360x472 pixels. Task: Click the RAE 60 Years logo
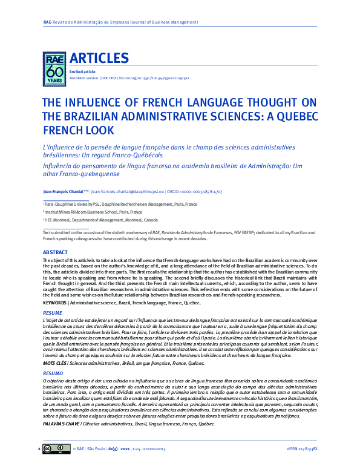tap(54, 67)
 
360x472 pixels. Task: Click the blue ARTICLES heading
tap(99, 58)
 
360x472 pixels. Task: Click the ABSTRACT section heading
tap(55, 251)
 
